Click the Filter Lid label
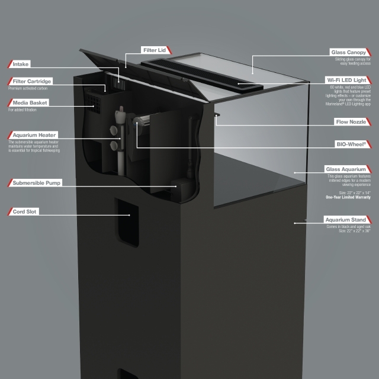(154, 50)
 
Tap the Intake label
(21, 63)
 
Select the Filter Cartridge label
(32, 81)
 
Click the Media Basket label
(29, 102)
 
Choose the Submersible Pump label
(36, 183)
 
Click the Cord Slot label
(25, 211)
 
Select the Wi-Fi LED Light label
(347, 79)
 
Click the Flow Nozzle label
(352, 121)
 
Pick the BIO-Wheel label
(352, 143)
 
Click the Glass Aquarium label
(348, 169)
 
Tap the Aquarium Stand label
(347, 220)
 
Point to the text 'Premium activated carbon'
(28, 88)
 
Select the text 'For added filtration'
(23, 110)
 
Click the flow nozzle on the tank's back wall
(216, 116)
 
